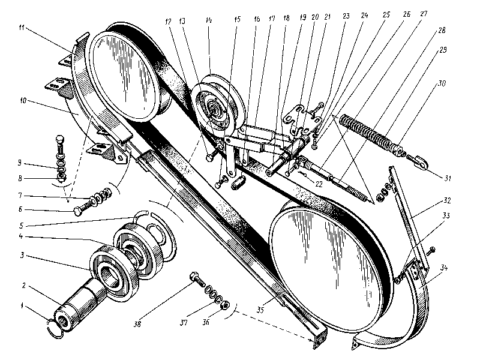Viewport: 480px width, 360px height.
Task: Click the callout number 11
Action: (x=22, y=28)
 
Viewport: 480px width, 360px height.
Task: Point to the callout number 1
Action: (x=23, y=307)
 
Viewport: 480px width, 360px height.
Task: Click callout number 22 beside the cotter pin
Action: (x=318, y=184)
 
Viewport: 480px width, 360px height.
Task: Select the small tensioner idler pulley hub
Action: (x=214, y=110)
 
